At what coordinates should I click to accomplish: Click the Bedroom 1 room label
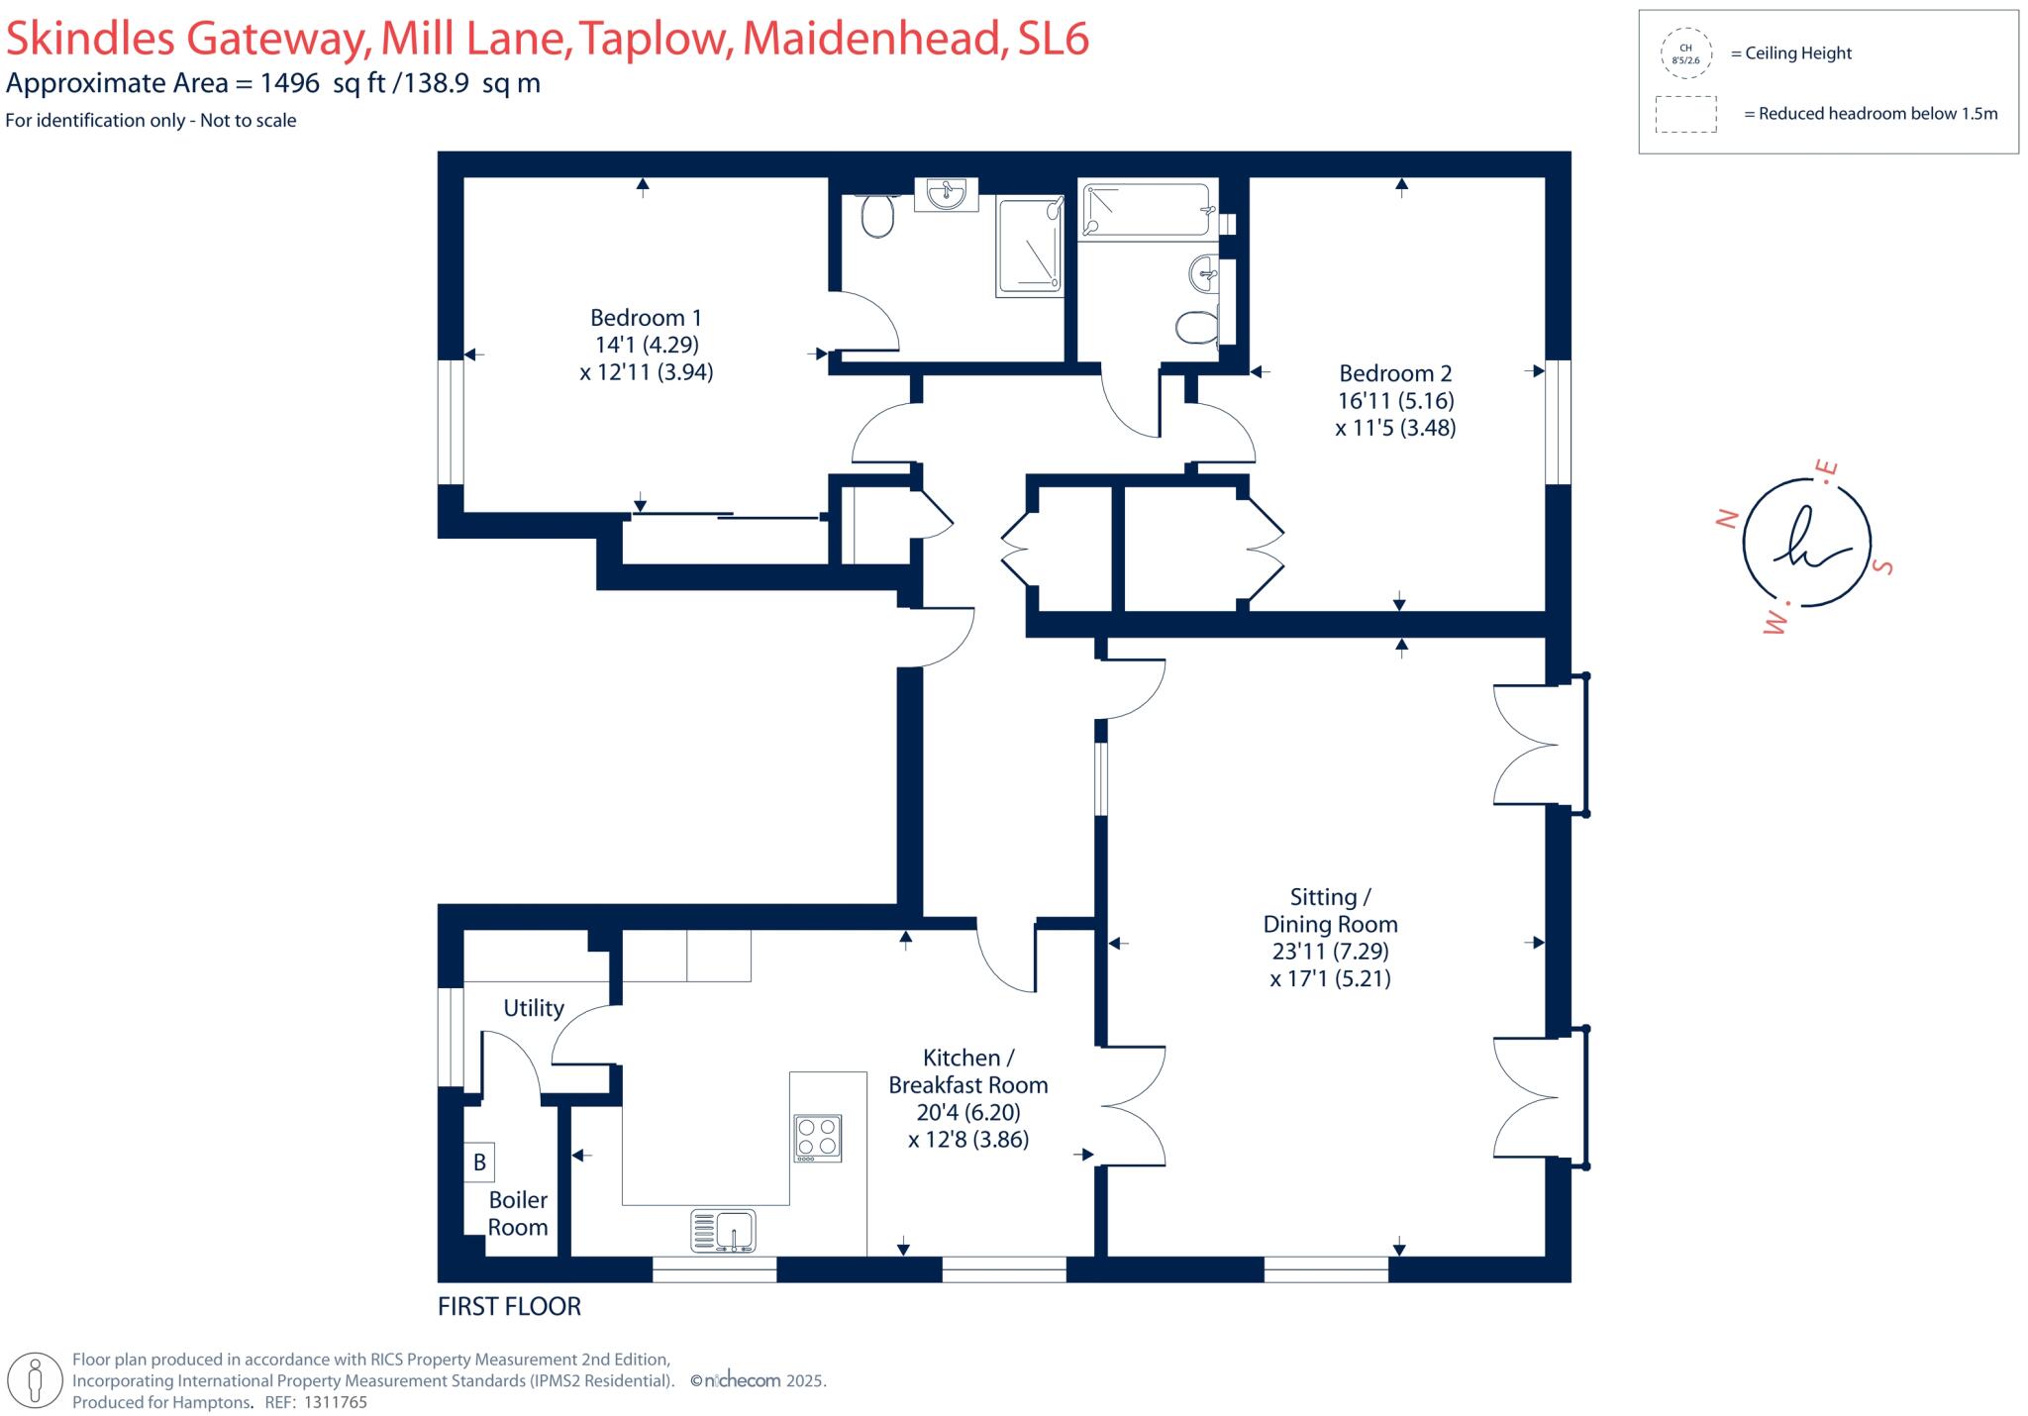(646, 318)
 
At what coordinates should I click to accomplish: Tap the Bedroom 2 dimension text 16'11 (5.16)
(1395, 401)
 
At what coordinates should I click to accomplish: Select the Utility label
(533, 1008)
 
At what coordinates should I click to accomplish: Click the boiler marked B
(479, 1163)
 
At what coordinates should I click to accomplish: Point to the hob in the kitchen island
(817, 1138)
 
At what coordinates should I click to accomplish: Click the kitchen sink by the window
(723, 1231)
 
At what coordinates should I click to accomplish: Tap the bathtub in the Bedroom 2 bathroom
(1146, 211)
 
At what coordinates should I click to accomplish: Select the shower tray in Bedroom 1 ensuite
(1029, 247)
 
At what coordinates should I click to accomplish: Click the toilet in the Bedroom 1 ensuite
(876, 216)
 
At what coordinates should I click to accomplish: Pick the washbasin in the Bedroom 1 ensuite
(948, 194)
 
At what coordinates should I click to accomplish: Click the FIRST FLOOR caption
(509, 1307)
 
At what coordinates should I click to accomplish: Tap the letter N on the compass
(1727, 519)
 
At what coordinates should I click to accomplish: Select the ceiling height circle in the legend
(1684, 53)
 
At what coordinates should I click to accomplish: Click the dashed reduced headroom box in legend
(1685, 114)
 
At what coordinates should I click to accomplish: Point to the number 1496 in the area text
(290, 83)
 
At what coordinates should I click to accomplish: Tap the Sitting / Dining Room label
(1330, 910)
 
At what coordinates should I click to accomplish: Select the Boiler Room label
(517, 1213)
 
